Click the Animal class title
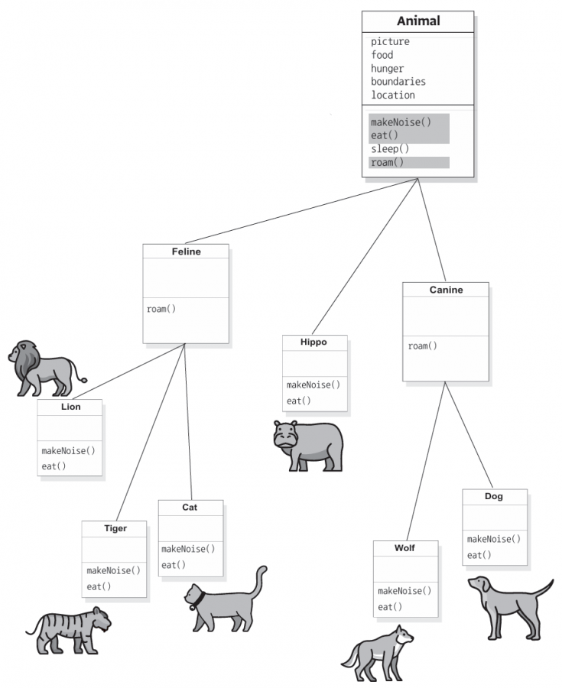(418, 21)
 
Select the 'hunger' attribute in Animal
(387, 69)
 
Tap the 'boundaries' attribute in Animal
(398, 82)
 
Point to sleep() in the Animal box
(390, 149)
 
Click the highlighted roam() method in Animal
(387, 162)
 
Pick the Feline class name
(186, 252)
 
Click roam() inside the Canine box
(422, 346)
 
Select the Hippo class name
(313, 342)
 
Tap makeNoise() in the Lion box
(68, 450)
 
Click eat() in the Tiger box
(99, 586)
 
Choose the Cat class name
(190, 508)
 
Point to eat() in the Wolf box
(390, 607)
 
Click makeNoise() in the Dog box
(493, 539)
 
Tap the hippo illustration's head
(285, 435)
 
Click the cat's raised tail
(259, 582)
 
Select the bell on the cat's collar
(193, 607)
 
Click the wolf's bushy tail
(350, 657)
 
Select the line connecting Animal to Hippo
(365, 256)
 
